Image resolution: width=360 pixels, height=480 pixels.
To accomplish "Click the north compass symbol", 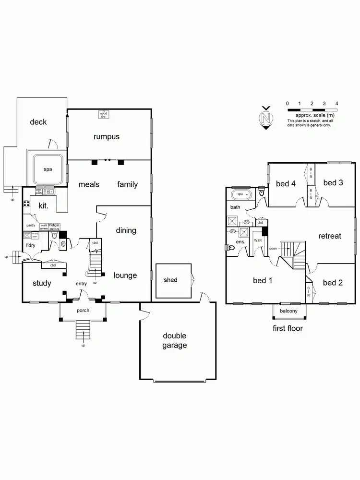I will click(x=264, y=118).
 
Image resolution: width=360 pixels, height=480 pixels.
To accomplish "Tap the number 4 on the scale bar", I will click(x=336, y=103).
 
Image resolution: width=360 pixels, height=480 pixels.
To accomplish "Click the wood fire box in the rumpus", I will click(x=102, y=114).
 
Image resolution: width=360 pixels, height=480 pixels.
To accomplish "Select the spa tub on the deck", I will click(x=48, y=169).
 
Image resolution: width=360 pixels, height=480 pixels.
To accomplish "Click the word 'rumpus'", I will click(x=106, y=137).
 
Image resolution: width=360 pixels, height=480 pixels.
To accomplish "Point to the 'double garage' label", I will click(x=174, y=340).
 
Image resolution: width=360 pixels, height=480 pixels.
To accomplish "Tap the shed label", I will click(x=170, y=280).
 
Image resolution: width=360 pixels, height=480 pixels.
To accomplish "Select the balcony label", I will click(x=289, y=311).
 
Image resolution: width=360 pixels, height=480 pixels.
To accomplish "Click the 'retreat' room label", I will click(x=329, y=236).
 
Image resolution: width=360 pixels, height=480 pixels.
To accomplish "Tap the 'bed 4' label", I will click(x=286, y=183).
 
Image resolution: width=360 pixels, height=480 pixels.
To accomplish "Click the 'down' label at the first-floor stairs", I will click(x=273, y=249).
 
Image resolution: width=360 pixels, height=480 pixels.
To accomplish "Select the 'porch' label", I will click(x=83, y=310).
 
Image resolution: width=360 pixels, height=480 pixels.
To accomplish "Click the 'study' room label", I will click(x=42, y=283).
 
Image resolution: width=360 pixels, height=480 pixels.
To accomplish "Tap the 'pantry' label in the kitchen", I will click(x=31, y=225).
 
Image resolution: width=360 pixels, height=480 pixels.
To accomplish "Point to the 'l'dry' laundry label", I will click(x=31, y=246).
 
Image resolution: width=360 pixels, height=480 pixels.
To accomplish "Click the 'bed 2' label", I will click(x=333, y=283).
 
